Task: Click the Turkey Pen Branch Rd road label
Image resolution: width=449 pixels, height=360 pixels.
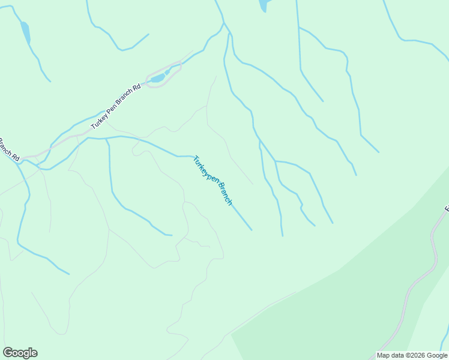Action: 116,106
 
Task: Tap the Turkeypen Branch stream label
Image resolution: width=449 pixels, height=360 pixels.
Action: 212,181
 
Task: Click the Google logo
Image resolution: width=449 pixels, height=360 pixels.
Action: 20,353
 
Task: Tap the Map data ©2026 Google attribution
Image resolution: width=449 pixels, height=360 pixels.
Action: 412,355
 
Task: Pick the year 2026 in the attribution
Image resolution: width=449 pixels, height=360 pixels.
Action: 415,355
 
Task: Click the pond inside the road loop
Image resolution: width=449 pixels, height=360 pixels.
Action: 158,78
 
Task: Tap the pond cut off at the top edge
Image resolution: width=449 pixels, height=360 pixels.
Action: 263,5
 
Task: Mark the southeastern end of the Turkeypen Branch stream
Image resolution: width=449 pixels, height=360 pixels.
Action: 251,229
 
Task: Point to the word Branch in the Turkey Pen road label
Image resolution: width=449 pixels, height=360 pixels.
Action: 124,98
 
